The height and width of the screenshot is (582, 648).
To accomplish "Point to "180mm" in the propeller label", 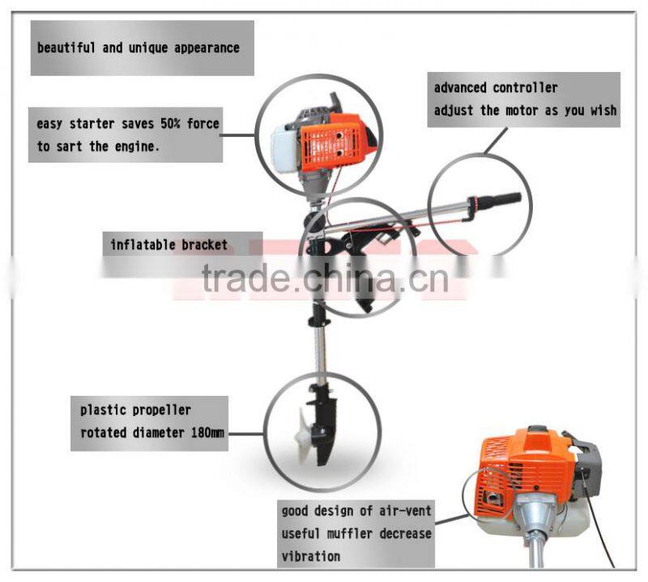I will coord(207,433).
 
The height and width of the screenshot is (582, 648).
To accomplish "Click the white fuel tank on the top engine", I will coord(283,150).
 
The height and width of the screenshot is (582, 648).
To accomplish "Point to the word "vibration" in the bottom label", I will coord(311,557).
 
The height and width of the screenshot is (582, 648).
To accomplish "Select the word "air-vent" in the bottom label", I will coord(403,511).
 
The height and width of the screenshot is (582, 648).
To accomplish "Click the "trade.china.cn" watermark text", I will coord(324,279).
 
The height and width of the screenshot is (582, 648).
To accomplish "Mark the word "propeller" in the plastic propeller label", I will coord(160,410).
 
